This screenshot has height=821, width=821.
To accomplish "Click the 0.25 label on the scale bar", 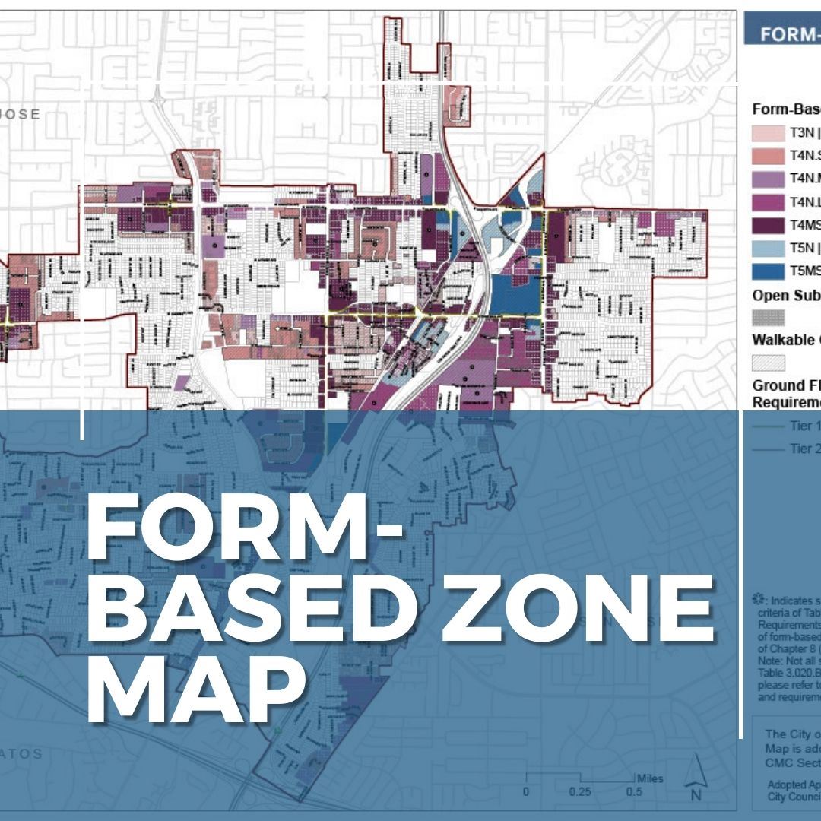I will pos(579,792).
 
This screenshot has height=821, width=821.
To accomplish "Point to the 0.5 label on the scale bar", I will pos(632,792).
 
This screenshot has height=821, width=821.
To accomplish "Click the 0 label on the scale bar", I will pos(525,792).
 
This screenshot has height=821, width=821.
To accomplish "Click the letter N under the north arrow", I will pos(695,795).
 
